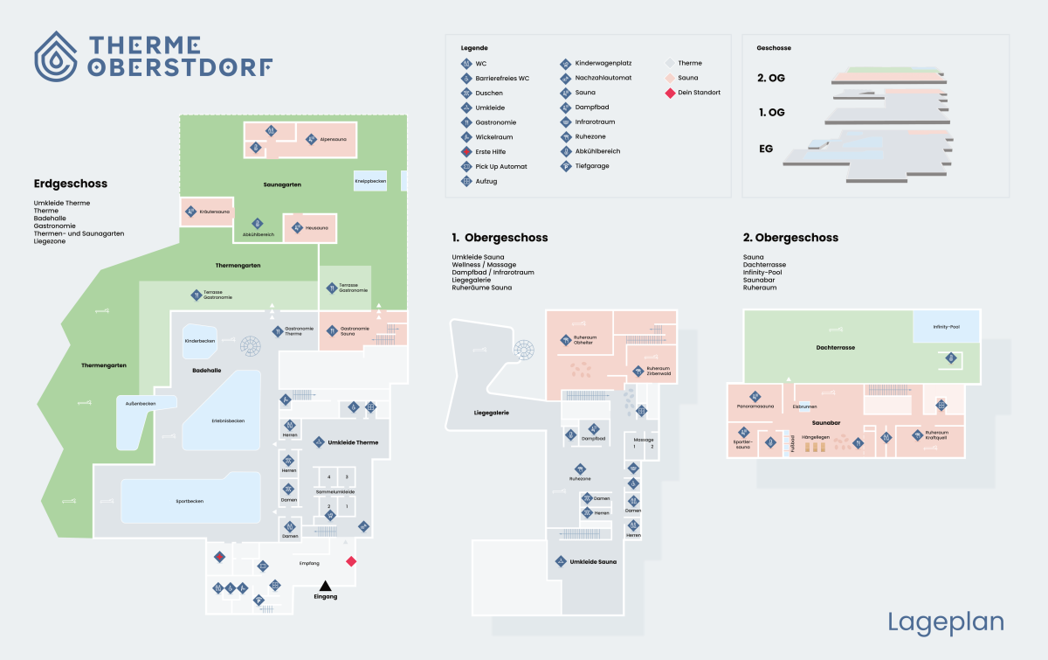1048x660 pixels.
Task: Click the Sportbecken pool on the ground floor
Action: point(189,501)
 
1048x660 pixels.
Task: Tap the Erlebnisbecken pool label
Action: point(228,421)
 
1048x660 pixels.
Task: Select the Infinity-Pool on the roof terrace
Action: point(946,326)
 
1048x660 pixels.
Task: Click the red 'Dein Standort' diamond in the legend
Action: point(670,93)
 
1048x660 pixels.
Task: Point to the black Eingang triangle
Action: point(325,586)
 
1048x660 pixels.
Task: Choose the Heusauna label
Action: point(316,228)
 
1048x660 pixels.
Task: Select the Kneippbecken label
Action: point(370,181)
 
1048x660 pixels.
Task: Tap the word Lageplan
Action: point(946,622)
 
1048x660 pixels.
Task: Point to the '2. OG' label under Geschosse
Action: point(771,78)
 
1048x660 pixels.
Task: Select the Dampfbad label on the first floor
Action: point(594,438)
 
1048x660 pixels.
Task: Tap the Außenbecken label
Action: point(140,404)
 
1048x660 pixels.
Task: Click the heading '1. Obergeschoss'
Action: point(500,238)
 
